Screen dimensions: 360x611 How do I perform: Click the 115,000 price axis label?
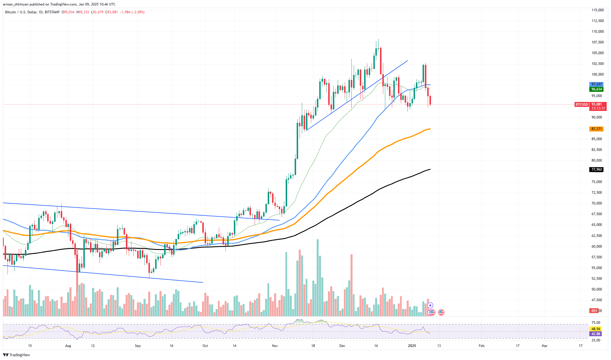coord(597,10)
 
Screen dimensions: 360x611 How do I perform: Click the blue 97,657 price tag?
coord(596,84)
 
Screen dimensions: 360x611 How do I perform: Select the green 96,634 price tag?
coord(596,89)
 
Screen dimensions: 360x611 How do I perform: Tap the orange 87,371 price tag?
coord(596,129)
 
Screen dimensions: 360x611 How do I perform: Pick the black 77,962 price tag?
coord(596,169)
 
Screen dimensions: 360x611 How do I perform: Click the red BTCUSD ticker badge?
coord(581,104)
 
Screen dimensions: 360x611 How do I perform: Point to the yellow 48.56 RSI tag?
coord(596,329)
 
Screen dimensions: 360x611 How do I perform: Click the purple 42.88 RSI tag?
coord(596,334)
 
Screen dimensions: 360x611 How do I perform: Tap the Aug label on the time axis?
coord(68,346)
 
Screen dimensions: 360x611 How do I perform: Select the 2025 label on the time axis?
coord(412,346)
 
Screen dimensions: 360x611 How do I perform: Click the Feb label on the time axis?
coord(481,346)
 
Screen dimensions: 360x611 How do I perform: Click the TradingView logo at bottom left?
coord(16,355)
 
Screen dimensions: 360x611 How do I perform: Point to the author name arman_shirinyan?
coord(16,4)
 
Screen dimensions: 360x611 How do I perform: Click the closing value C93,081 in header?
coord(111,12)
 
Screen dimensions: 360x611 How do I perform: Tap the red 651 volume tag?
coord(594,311)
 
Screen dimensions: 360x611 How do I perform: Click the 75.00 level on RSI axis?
coord(596,323)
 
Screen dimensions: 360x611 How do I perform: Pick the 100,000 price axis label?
coord(597,74)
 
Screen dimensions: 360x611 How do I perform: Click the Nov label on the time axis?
coord(275,346)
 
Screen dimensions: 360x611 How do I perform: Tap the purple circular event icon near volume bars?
coord(430,305)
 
